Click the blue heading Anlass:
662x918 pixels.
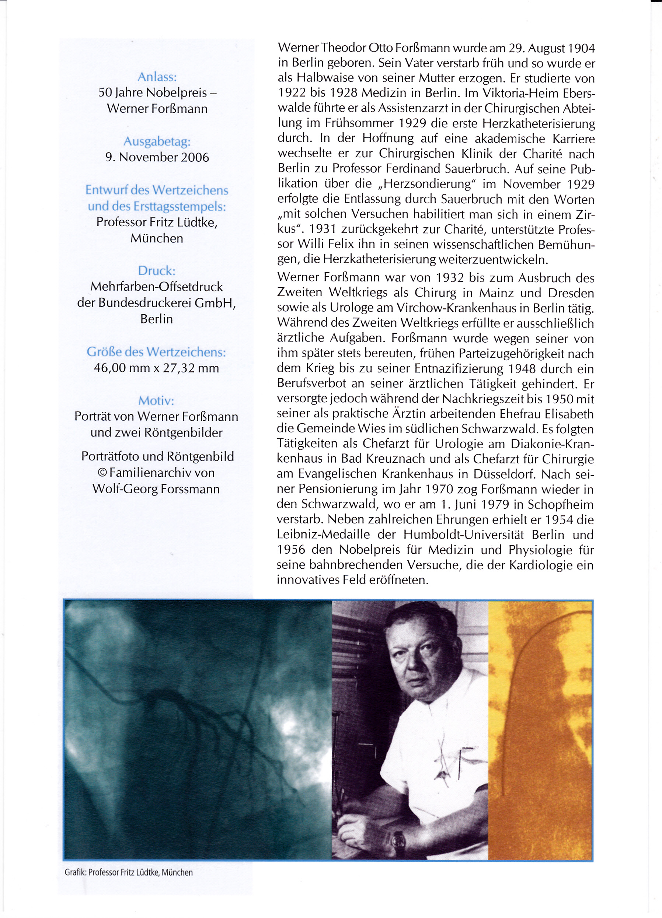pos(157,77)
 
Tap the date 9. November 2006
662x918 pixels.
pos(157,157)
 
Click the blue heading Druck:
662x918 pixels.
pos(157,270)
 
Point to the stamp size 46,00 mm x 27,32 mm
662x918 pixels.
pos(156,368)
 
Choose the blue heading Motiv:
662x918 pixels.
pos(156,400)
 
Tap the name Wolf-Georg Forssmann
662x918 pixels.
pos(156,488)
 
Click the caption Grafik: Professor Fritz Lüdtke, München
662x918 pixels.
pos(129,872)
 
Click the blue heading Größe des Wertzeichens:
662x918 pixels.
pos(156,352)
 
